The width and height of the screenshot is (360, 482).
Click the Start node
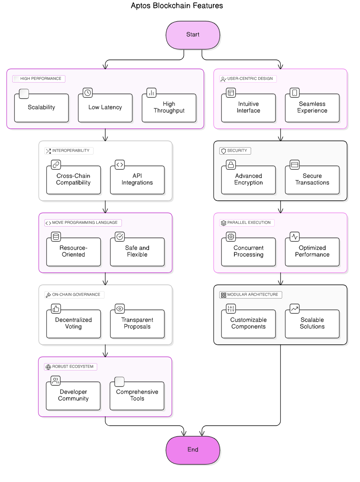coord(193,35)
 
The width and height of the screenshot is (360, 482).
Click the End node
coord(193,450)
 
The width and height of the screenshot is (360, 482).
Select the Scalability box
coord(41,108)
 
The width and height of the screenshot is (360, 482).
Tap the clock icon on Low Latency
coord(88,93)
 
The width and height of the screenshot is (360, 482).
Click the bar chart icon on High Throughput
coord(151,93)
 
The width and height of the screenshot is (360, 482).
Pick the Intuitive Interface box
coord(248,108)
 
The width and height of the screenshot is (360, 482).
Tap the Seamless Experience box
coord(312,108)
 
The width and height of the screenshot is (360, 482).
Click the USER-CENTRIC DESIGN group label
coord(248,79)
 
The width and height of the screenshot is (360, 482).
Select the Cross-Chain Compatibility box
coord(74,180)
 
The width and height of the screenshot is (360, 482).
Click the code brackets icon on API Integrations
coord(120,165)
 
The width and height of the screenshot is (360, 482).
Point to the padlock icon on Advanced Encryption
coord(231,165)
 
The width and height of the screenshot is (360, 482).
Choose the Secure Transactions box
coord(312,180)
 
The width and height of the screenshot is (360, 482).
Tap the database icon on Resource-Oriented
coord(56,237)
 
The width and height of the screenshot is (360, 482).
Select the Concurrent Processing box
coord(248,252)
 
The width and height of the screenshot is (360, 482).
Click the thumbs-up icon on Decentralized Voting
coord(56,309)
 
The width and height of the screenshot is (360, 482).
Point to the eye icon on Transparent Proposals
coord(120,309)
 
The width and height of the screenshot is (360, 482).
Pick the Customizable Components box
coord(248,324)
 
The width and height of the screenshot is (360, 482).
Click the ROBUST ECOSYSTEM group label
coord(70,367)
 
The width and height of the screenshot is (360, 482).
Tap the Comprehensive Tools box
coord(137,396)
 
